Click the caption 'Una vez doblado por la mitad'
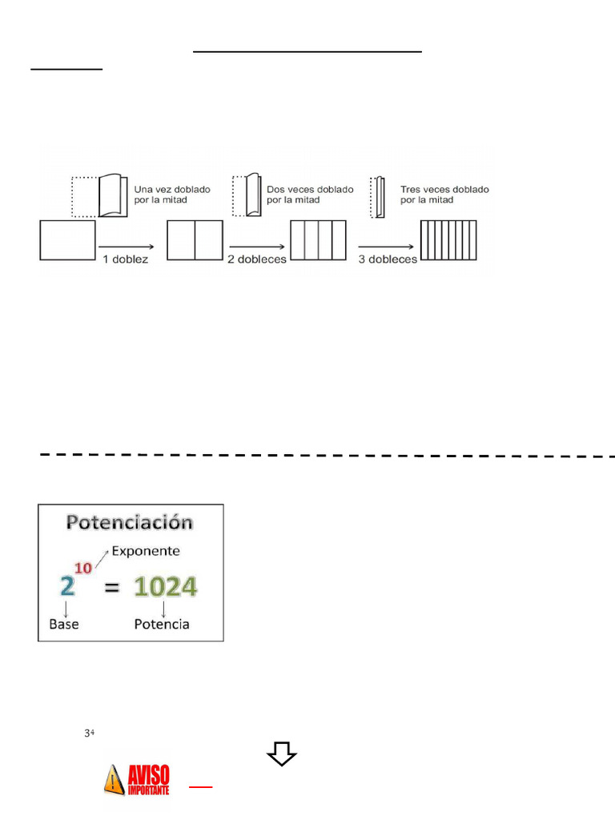172,195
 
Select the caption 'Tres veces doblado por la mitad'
444,195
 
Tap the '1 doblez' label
125,259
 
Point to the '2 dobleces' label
256,259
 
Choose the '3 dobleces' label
388,259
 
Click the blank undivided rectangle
67,240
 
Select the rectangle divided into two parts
195,240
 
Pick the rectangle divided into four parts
318,240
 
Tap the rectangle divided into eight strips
448,240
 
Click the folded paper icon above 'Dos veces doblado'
250,195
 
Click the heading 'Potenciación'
130,523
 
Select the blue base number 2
68,587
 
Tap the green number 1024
165,587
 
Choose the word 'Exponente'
145,551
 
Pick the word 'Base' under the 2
63,623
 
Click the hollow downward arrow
282,754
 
